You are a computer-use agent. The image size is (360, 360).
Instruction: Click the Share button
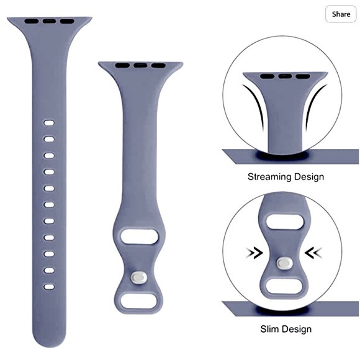pyautogui.click(x=341, y=14)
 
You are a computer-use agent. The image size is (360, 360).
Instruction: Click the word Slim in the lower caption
pyautogui.click(x=269, y=329)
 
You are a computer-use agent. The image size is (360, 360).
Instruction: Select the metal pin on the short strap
pyautogui.click(x=139, y=278)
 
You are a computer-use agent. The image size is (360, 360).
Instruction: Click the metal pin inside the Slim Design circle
pyautogui.click(x=285, y=263)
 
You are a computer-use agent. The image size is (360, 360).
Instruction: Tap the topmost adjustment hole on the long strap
pyautogui.click(x=49, y=123)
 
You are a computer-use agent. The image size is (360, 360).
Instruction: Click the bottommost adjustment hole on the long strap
pyautogui.click(x=49, y=287)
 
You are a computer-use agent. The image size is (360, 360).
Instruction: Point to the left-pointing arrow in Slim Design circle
pyautogui.click(x=313, y=253)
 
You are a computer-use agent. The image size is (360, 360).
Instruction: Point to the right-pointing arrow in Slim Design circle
pyautogui.click(x=254, y=253)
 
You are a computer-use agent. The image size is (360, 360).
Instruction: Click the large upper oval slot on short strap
pyautogui.click(x=139, y=236)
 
